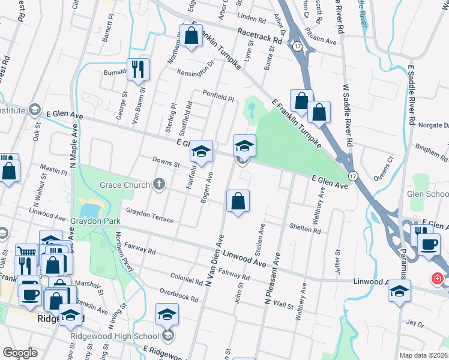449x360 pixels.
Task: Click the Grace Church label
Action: pos(125,184)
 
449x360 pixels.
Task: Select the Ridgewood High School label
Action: pos(114,336)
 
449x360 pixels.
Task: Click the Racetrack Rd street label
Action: pos(259,37)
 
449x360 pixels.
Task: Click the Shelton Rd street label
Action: pos(305,228)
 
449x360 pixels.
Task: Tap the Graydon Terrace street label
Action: pos(149,215)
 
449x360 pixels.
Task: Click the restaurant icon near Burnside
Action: pos(139,70)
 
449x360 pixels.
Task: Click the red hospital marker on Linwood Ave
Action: pos(438,279)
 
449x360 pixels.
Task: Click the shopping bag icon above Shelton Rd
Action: pos(238,202)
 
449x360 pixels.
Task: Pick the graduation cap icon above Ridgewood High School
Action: pos(167,314)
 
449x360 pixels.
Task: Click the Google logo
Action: pos(20,353)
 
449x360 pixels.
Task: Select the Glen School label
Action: pos(427,194)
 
